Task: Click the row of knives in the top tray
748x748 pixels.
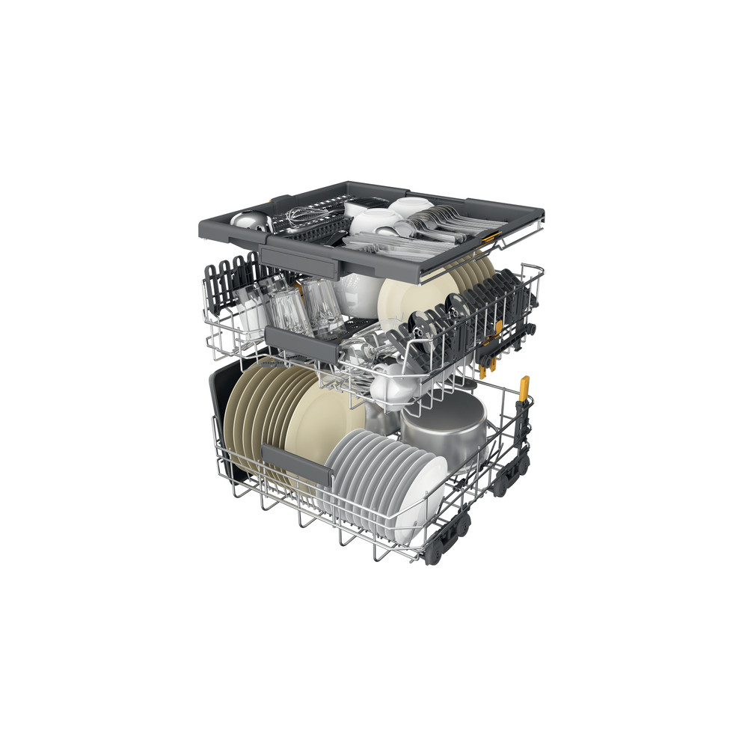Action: [x=374, y=242]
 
